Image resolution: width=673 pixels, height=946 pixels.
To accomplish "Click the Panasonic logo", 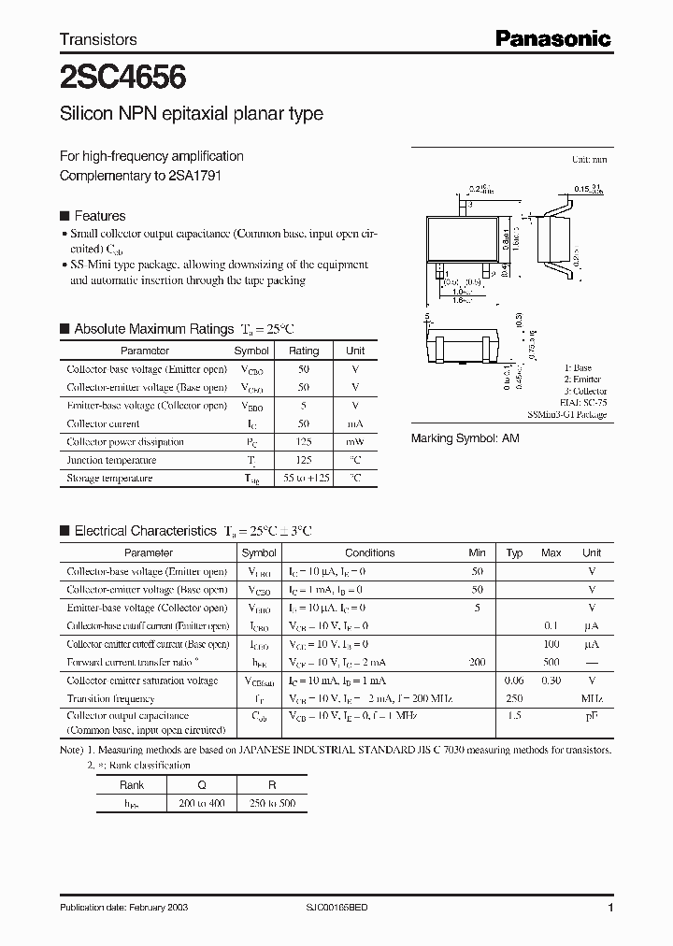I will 552,38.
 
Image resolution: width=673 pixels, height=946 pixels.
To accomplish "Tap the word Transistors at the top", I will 98,39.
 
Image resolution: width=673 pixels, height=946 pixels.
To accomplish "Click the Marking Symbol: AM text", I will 465,437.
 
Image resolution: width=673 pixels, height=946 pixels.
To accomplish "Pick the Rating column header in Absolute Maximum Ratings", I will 303,351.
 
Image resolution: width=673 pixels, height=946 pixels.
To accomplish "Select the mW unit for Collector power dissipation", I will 355,441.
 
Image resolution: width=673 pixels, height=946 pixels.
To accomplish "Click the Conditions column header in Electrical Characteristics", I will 369,553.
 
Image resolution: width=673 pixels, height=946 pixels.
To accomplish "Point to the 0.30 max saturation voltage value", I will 551,681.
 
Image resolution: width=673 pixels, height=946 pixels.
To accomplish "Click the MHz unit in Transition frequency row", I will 592,698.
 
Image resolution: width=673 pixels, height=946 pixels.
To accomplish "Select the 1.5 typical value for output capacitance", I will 514,715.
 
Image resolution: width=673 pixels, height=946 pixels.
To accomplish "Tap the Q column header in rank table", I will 201,785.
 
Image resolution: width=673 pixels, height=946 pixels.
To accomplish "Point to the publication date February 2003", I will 115,908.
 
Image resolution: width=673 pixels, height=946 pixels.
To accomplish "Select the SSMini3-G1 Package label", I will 566,414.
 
